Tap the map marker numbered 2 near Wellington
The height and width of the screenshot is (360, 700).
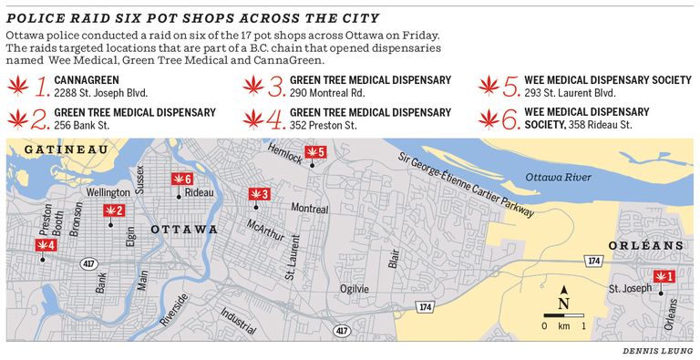(x=114, y=211)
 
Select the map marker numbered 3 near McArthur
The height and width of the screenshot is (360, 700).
(x=259, y=194)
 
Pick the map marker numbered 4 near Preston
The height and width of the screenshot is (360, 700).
(x=46, y=245)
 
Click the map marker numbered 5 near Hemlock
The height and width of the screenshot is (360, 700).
(x=314, y=152)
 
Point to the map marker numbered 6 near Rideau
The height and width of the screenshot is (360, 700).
(x=182, y=179)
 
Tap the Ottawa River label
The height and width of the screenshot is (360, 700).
(x=558, y=177)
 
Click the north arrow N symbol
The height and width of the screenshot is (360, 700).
(x=563, y=302)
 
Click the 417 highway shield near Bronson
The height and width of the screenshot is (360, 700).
(x=88, y=263)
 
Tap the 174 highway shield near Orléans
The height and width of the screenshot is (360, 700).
(x=594, y=261)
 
